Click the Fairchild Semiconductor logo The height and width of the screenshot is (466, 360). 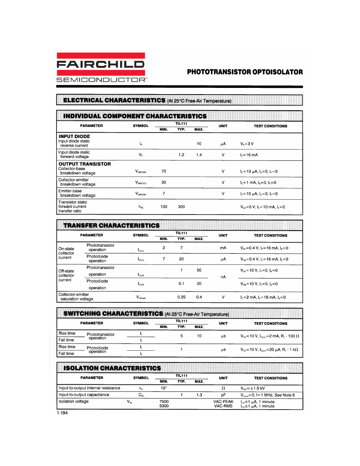click(101, 67)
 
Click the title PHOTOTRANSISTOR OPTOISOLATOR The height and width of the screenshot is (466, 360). click(245, 72)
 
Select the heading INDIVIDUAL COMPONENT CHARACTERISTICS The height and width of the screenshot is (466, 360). click(135, 116)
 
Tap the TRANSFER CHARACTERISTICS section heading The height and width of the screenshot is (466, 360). click(111, 226)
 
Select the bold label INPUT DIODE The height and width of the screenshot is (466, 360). click(74, 137)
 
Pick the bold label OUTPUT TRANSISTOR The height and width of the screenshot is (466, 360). click(84, 164)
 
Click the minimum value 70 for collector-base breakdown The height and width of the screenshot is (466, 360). click(164, 171)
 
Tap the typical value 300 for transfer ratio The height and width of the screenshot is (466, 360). click(181, 207)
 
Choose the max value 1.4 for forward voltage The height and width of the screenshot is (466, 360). click(199, 155)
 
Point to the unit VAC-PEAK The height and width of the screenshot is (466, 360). click(223, 402)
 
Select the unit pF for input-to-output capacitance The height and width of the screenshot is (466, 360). click(223, 395)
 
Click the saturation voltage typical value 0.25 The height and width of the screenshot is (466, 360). click(181, 297)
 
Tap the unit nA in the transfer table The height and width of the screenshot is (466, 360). click(223, 277)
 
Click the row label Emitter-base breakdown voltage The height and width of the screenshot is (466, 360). click(77, 193)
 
